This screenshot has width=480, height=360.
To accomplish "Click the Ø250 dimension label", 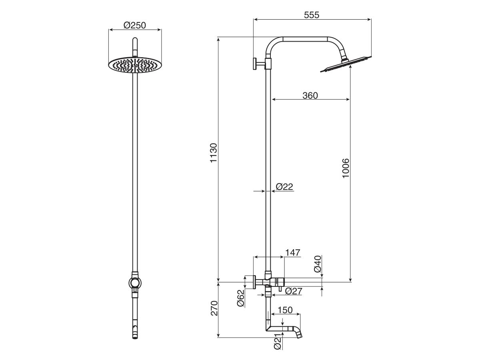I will [135, 25].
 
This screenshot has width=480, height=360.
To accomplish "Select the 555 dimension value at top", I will [312, 15].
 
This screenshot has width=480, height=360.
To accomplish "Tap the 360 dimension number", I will [310, 95].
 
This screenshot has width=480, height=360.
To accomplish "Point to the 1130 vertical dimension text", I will [214, 152].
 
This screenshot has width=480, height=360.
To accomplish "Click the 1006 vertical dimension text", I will [346, 168].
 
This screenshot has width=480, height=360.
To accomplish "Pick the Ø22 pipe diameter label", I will [284, 186].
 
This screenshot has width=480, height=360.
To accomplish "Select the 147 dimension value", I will [292, 252].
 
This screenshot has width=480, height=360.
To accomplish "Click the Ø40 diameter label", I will [318, 264].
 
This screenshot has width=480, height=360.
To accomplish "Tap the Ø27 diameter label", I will [294, 291].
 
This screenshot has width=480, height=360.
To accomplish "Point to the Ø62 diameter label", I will [240, 298].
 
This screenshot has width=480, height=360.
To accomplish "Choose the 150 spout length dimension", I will [284, 310].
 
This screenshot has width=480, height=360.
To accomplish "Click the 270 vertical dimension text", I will [214, 308].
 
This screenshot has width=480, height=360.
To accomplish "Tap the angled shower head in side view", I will [346, 64].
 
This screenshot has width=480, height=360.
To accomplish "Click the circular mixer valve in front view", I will [135, 283].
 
